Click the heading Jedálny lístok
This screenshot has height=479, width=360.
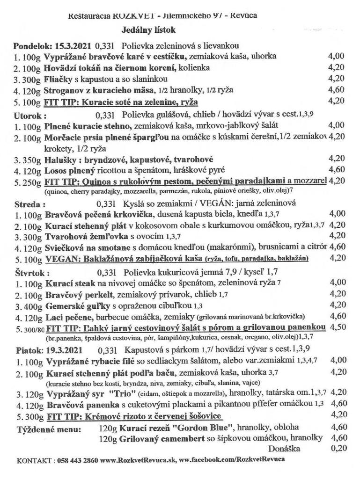tap(148, 30)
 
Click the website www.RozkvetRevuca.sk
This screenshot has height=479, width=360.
tap(138, 460)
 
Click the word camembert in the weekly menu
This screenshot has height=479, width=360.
tap(179, 438)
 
